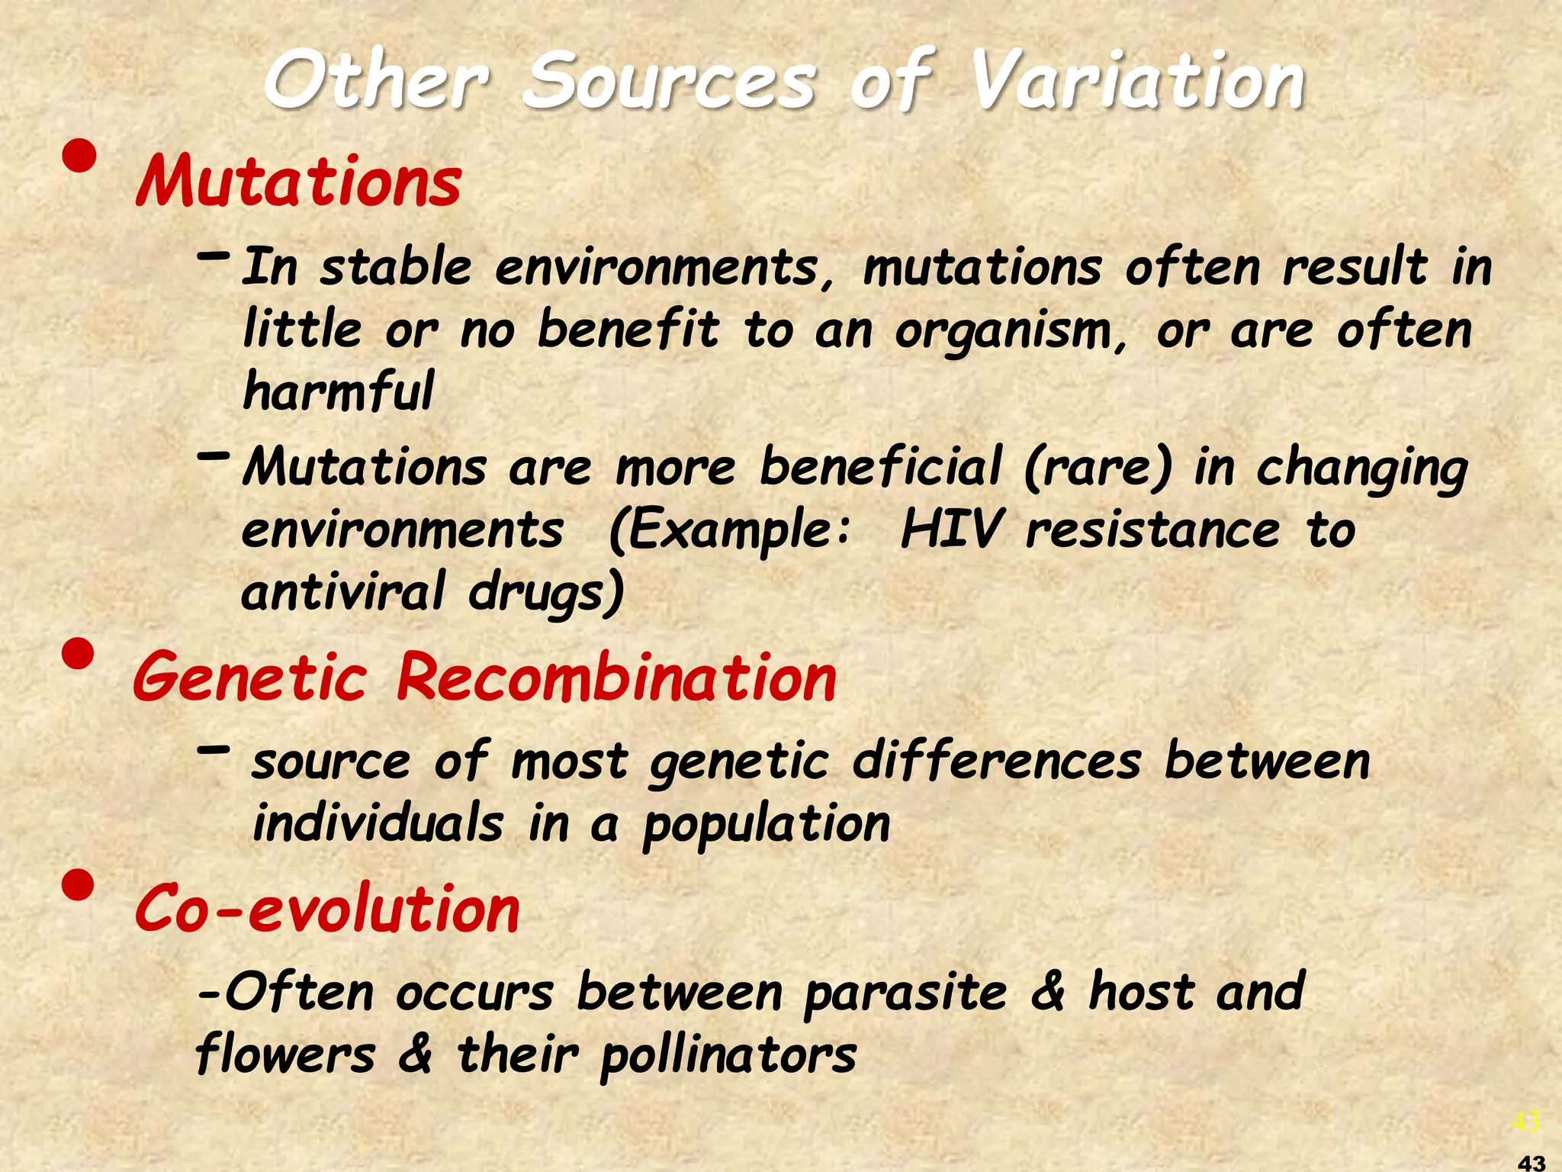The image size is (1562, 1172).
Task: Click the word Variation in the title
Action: tap(1136, 80)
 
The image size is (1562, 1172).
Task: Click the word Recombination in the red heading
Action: tap(616, 678)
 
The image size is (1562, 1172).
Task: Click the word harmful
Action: tap(338, 391)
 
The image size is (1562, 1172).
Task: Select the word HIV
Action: tap(950, 530)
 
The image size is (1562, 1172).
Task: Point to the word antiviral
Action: tap(342, 591)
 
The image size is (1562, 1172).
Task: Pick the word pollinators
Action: tap(728, 1055)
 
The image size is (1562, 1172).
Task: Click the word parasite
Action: tap(905, 993)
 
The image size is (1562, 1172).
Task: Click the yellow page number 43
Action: tap(1525, 1122)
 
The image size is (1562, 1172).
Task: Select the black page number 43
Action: tap(1531, 1163)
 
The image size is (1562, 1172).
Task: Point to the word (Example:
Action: tap(729, 530)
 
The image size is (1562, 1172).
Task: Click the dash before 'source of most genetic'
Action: tap(213, 750)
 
